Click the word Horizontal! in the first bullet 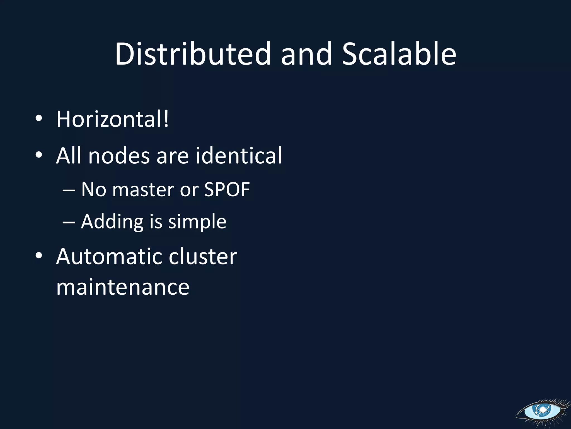(112, 119)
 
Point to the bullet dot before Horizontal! (39, 118)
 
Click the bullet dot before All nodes (39, 155)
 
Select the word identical (239, 156)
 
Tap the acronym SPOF (227, 190)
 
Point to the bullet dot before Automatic (39, 255)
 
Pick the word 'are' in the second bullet (173, 156)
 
